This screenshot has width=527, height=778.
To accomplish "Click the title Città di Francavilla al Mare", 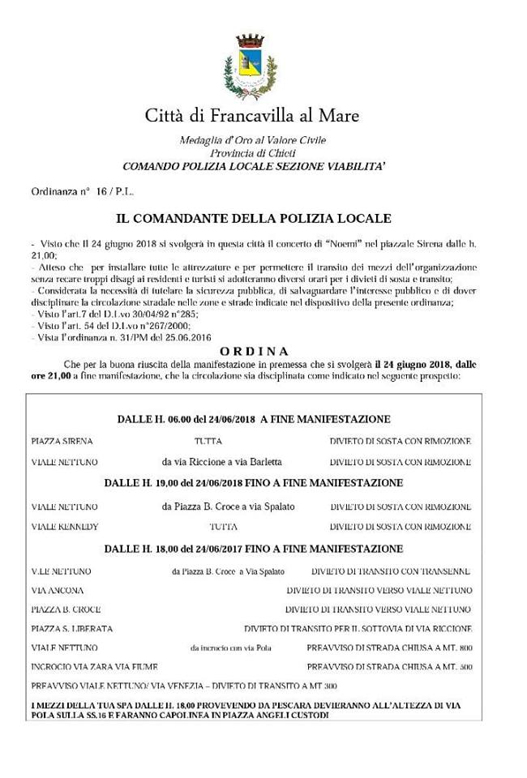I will (252, 115).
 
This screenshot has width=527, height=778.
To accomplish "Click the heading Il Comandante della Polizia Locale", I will (254, 219).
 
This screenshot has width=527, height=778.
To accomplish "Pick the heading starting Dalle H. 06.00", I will (253, 419).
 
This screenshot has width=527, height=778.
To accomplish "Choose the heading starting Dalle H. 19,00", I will (253, 483).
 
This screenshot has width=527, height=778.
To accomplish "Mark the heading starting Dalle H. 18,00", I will (253, 549).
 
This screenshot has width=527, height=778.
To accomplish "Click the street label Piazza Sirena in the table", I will (62, 442).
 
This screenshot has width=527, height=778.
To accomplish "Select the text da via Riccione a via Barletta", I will (221, 462).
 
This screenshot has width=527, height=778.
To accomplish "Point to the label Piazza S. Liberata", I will (71, 628).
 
